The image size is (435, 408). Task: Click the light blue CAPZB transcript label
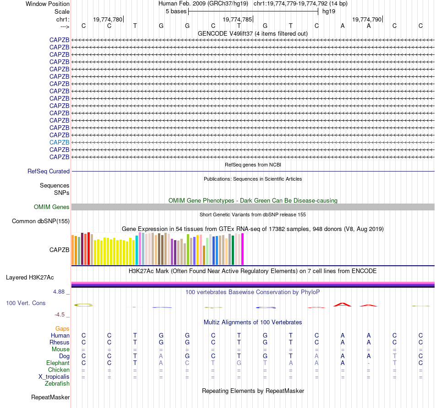(60, 142)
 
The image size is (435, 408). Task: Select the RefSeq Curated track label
(49, 172)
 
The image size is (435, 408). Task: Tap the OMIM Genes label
(52, 207)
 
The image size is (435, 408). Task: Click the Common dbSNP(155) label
(41, 221)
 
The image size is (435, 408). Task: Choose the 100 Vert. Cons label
(26, 303)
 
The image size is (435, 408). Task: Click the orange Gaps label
(62, 328)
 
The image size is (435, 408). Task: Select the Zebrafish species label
(57, 384)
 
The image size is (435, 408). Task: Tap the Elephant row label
(58, 363)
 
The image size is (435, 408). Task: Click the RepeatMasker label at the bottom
(50, 397)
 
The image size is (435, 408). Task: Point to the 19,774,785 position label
(237, 19)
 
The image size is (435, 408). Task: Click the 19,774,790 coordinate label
(366, 19)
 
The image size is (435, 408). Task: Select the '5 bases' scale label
(176, 11)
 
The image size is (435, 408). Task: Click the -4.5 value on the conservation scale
(62, 315)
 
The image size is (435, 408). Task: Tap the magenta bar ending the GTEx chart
(243, 249)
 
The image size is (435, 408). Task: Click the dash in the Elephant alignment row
(369, 363)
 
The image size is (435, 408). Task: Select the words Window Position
(48, 4)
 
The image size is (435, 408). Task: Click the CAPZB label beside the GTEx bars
(60, 250)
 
